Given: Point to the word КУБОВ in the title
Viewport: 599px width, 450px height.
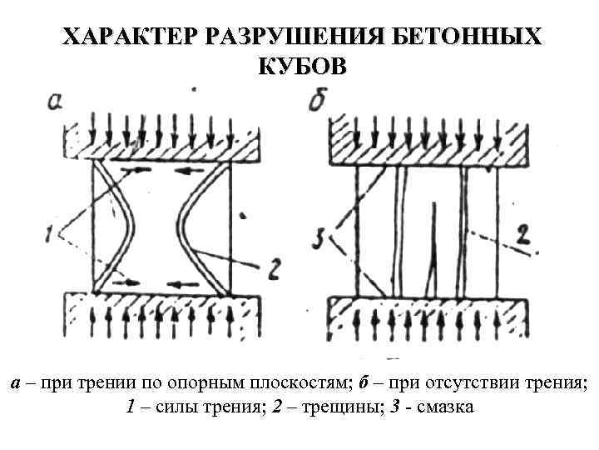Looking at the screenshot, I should coord(299,66).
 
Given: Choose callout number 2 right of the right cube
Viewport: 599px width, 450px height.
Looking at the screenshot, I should coord(522,235).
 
